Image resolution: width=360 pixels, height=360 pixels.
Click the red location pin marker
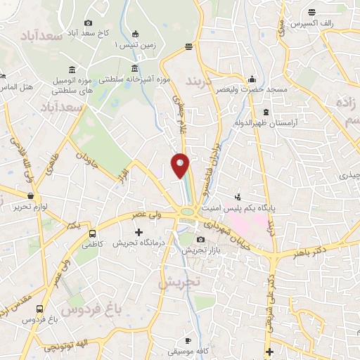click(x=181, y=165)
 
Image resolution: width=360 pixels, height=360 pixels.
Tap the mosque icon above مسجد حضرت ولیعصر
click(x=252, y=78)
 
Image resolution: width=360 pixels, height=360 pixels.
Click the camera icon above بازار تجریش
click(x=201, y=240)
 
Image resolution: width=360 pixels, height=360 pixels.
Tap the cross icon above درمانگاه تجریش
click(x=138, y=232)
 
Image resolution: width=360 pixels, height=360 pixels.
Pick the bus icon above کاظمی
click(x=91, y=233)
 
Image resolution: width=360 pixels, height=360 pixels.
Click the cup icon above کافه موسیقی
click(x=188, y=340)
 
